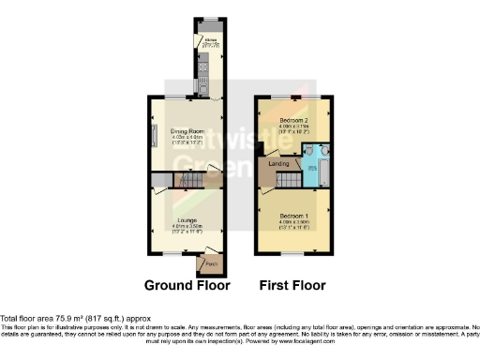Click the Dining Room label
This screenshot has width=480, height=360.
pos(185,131)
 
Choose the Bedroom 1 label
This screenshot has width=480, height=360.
pos(295,215)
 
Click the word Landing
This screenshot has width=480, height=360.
pos(279,165)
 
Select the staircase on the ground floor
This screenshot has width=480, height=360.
pos(190,179)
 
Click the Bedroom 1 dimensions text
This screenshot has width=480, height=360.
pos(295,222)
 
